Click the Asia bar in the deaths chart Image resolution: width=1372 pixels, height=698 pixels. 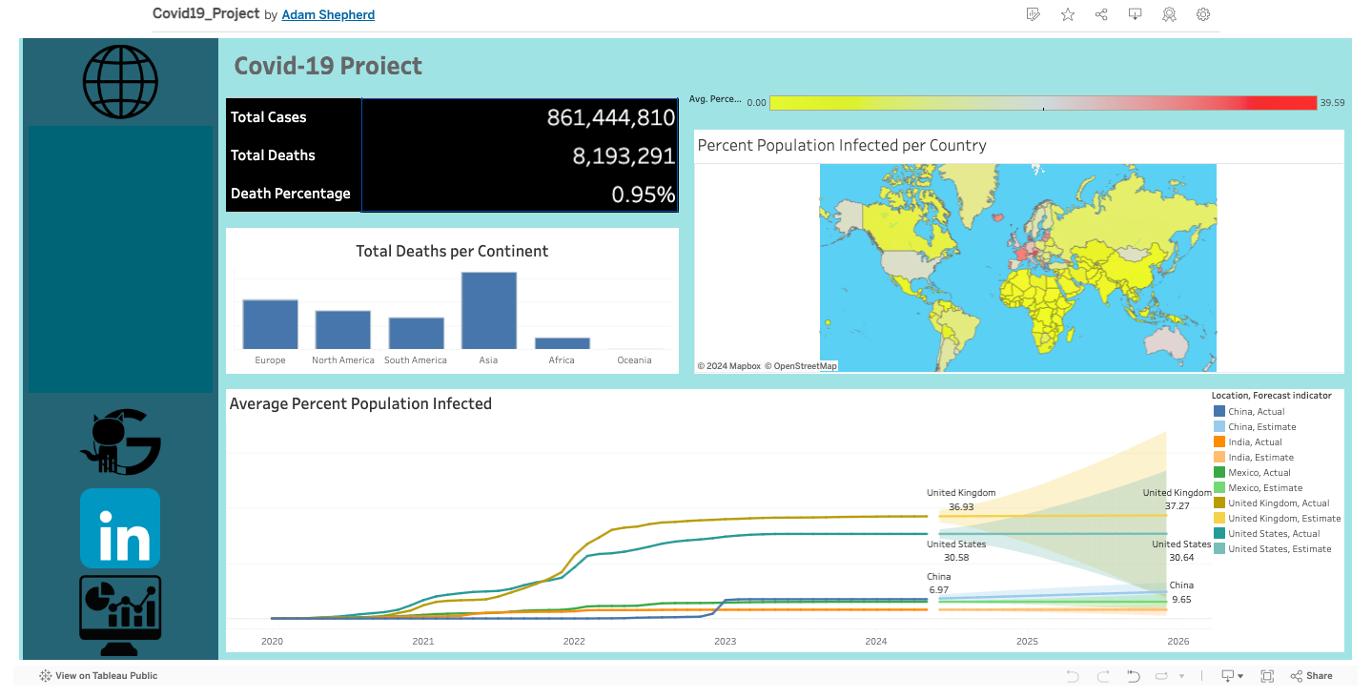pos(488,311)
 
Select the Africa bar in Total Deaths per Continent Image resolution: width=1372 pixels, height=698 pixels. pos(562,343)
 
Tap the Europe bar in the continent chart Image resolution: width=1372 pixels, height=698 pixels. pos(270,324)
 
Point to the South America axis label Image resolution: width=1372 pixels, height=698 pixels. pos(415,360)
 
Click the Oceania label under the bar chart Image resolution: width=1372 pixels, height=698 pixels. pos(634,360)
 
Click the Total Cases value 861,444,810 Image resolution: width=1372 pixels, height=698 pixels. pos(610,117)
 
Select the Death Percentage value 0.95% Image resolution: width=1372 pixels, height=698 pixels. pos(643,195)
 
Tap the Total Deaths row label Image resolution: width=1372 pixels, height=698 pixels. pos(273,155)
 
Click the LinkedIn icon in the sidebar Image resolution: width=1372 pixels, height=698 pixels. pos(120,528)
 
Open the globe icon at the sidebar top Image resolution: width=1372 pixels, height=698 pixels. pos(120,81)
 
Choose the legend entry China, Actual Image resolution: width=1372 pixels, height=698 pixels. pos(1256,412)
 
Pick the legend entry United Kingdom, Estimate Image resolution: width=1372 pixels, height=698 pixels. pos(1283,519)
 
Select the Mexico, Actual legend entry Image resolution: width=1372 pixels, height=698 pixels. pos(1259,473)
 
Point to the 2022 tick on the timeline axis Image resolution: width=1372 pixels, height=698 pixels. pos(574,642)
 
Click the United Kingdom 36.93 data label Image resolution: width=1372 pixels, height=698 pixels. pos(961,501)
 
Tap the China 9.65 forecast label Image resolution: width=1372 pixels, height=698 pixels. pos(1180,593)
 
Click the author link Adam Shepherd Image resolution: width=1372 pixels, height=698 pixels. pos(328,15)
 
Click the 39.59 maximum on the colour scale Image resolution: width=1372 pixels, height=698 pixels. pos(1332,103)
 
